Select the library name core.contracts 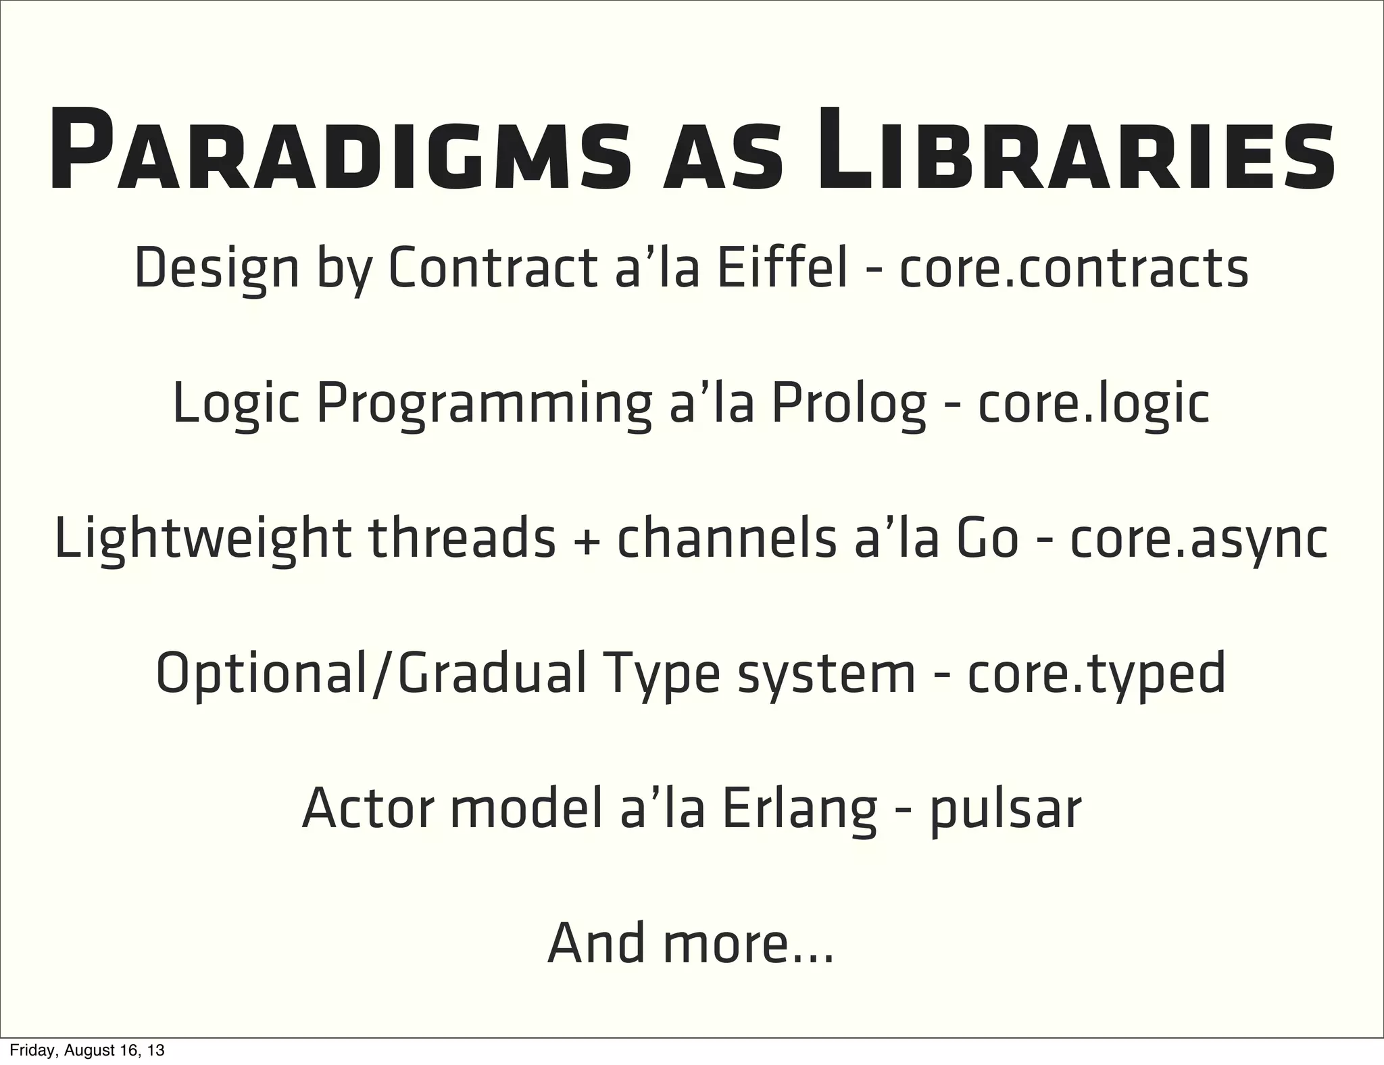coord(1072,268)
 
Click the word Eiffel coord(781,268)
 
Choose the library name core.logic coord(1093,403)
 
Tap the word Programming coord(485,405)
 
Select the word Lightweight coord(202,540)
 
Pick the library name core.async coord(1199,540)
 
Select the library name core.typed coord(1096,675)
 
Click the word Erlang coord(799,810)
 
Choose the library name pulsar coord(1006,810)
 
